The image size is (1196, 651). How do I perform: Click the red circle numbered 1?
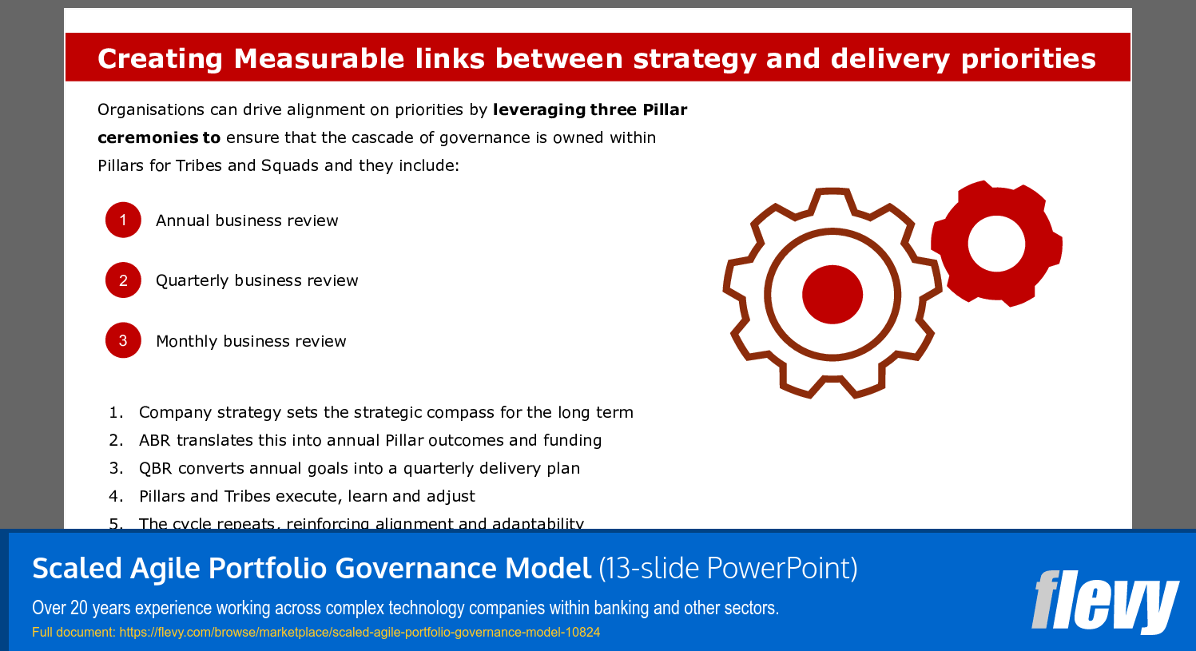click(x=123, y=220)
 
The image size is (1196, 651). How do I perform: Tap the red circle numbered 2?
click(x=123, y=280)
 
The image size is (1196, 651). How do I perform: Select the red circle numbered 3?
click(x=123, y=340)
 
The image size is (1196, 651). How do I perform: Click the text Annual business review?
click(x=247, y=220)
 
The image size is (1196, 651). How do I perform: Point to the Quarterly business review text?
click(x=256, y=280)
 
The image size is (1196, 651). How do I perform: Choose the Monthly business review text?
click(x=251, y=341)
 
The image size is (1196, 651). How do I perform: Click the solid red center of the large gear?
click(x=832, y=294)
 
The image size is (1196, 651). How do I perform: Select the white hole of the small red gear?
click(x=996, y=244)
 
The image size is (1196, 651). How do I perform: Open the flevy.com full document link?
click(x=360, y=632)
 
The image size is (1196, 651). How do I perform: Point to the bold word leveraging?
click(x=539, y=109)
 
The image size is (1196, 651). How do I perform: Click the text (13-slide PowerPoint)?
click(x=728, y=568)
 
